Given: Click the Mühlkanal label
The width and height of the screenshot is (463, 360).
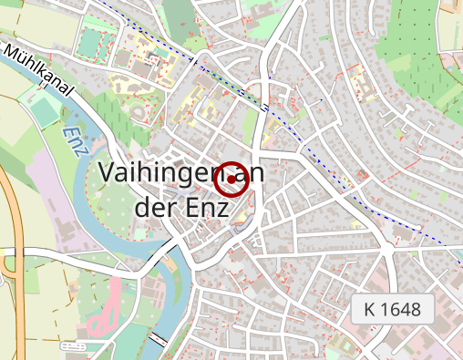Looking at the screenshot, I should pos(38,69).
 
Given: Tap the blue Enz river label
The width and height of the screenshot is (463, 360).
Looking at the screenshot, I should pos(74,138).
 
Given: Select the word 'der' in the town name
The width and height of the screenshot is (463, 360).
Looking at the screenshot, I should pos(154,207).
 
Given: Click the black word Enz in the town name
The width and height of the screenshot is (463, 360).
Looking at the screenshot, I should pos(205,207).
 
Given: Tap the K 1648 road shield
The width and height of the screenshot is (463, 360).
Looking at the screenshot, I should pos(392,309).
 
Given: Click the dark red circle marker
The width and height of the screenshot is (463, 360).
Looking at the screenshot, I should pos(231,179).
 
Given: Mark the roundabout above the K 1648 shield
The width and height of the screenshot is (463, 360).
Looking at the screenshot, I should pos(389,245).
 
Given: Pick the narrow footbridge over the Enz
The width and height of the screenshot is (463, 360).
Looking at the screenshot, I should pos(159,339).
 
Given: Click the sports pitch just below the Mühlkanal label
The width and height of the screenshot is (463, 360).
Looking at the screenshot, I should pos(44,111).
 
